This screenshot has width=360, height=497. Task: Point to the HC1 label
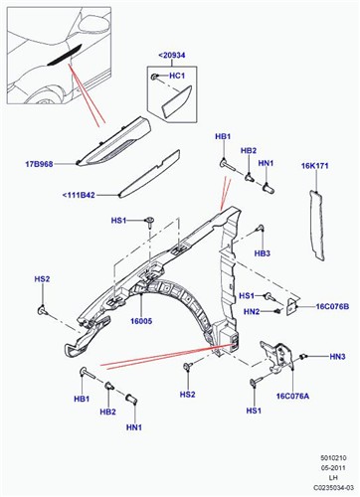(x=180, y=77)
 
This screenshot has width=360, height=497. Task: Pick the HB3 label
(x=263, y=253)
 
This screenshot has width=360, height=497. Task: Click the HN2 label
(x=251, y=312)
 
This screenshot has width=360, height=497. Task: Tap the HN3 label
(x=337, y=357)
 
